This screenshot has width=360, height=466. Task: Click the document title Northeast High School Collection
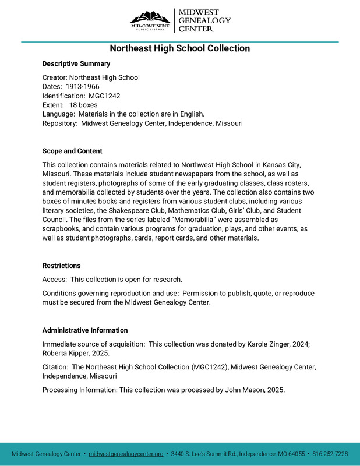[x=180, y=48]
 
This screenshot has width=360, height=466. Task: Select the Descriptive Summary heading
[x=76, y=63]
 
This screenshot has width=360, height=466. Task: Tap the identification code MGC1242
[x=104, y=96]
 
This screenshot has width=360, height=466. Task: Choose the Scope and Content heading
[x=72, y=151]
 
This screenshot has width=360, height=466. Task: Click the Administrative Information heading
[x=85, y=330]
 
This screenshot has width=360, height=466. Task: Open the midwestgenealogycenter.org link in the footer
[x=126, y=454]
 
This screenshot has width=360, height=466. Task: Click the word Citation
[x=55, y=367]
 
